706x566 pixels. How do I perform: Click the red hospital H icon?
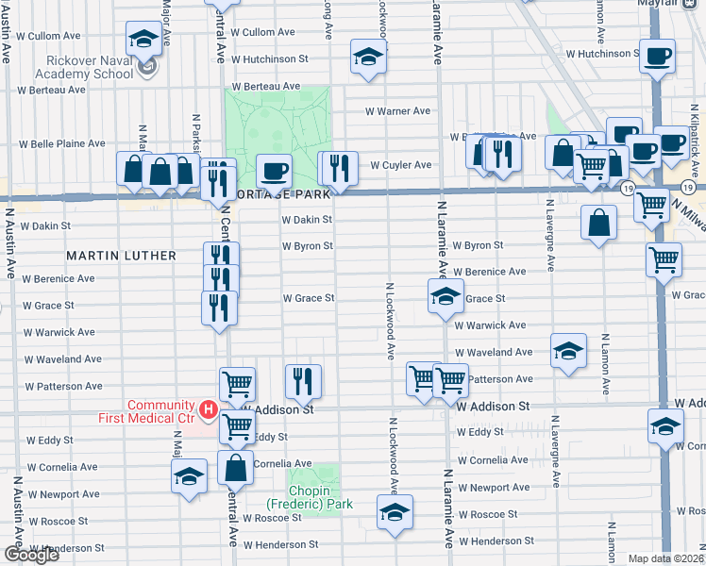(207, 412)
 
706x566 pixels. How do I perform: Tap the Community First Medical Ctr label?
(161, 411)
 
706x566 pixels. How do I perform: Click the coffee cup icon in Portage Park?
(274, 172)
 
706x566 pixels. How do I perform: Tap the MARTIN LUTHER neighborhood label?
(121, 256)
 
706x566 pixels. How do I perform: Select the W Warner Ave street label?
(398, 111)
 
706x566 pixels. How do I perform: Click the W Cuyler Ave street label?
(400, 165)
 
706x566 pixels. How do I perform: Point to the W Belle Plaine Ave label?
(63, 144)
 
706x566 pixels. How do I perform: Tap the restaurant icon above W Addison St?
(303, 381)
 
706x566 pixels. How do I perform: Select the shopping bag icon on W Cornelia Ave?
(235, 467)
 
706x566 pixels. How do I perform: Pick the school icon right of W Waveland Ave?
(567, 351)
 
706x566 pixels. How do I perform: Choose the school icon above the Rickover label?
(143, 39)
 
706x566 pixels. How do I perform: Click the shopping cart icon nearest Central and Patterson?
(238, 384)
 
